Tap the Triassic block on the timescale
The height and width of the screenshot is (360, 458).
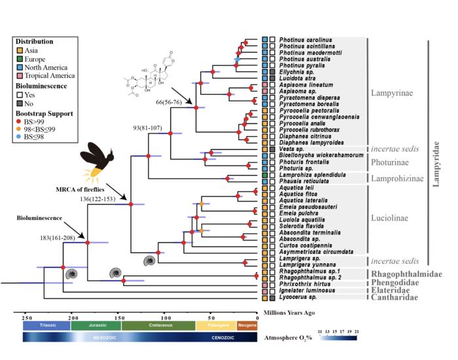click(x=46, y=325)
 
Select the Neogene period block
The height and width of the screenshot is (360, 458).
click(x=247, y=325)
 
